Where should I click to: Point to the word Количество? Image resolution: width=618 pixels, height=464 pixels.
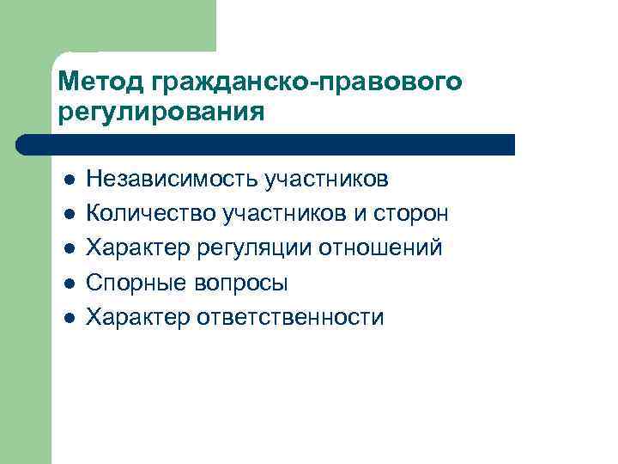[x=151, y=213]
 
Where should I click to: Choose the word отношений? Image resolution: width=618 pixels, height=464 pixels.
[x=381, y=248]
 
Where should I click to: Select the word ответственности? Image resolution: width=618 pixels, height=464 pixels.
[x=291, y=317]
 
